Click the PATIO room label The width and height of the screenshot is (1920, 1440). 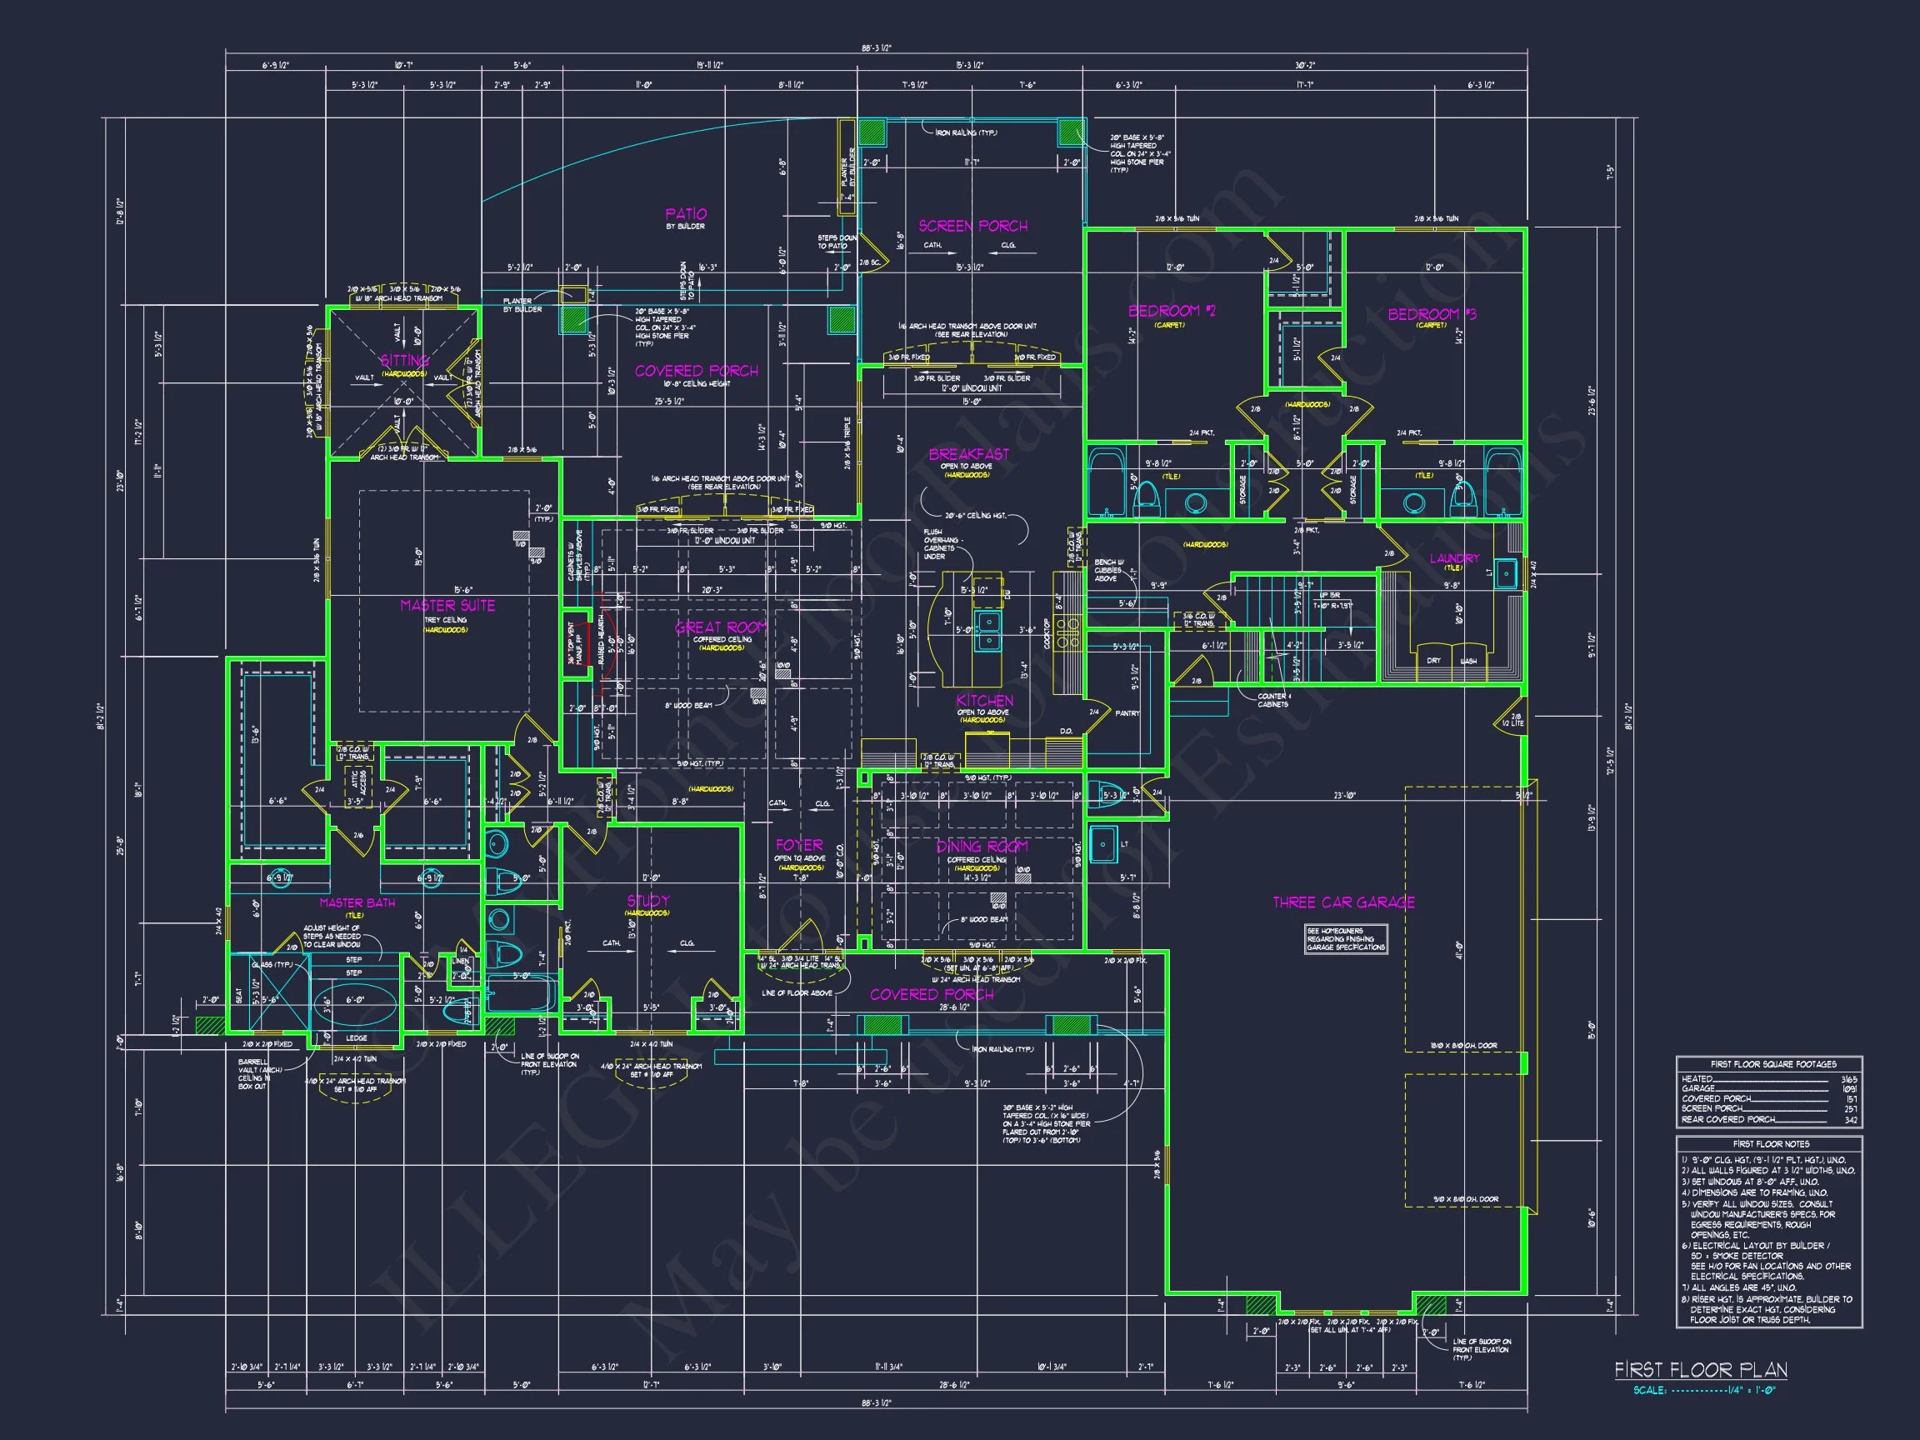686,213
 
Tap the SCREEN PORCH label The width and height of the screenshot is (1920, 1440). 973,226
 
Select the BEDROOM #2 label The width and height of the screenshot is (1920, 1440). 1171,311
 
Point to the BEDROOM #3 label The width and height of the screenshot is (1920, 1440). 1432,313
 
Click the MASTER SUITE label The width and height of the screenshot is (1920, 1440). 447,605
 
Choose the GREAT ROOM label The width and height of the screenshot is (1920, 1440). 722,627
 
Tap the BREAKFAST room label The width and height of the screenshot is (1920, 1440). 968,454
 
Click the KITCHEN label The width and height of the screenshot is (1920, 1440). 984,701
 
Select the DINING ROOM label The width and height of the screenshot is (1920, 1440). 981,847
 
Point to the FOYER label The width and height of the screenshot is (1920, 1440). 798,844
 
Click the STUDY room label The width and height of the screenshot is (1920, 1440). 647,901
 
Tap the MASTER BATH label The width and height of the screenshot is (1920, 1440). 357,902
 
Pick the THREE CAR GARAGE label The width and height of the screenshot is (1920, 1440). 1342,902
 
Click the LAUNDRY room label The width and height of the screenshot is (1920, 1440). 1454,558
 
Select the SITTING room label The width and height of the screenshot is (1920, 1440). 404,360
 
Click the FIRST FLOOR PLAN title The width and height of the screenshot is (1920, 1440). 1700,1370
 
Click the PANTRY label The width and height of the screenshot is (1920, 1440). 1127,713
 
